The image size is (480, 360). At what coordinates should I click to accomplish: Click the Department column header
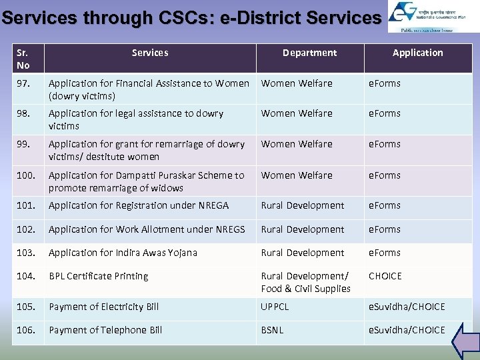(x=309, y=53)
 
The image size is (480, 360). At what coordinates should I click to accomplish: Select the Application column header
(x=417, y=53)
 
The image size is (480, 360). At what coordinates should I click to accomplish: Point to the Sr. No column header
(x=23, y=59)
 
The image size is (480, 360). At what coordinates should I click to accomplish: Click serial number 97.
(x=24, y=83)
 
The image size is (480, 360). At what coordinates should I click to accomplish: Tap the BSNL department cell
(x=273, y=330)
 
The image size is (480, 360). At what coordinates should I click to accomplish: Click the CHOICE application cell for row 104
(x=385, y=276)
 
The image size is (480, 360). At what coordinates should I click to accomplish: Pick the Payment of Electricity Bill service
(x=103, y=307)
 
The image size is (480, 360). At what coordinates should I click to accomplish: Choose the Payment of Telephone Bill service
(x=105, y=330)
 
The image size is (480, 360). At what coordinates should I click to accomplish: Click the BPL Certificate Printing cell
(x=98, y=276)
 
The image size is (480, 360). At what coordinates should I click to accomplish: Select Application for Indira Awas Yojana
(x=123, y=253)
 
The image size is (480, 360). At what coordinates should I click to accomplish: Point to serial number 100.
(x=26, y=175)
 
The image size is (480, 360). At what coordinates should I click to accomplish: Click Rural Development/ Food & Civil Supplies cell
(x=305, y=282)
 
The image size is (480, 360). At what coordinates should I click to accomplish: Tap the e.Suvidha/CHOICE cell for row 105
(x=407, y=307)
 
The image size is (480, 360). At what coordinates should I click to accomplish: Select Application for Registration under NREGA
(x=139, y=205)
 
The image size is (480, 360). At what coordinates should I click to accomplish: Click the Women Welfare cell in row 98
(x=296, y=113)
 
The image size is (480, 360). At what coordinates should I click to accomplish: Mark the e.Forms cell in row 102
(x=385, y=229)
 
